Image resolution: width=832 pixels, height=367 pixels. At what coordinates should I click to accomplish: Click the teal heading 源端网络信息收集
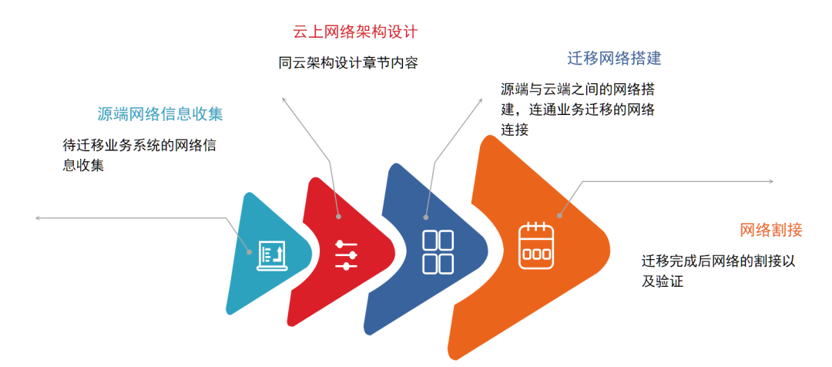[160, 114]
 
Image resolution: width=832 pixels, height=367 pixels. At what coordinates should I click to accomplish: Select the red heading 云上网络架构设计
[355, 32]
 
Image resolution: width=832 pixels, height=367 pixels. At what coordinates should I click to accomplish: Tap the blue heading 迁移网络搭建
[615, 59]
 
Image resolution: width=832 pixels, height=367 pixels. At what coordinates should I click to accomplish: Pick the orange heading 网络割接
[771, 230]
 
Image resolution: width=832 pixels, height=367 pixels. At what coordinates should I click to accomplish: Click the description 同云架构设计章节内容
[349, 63]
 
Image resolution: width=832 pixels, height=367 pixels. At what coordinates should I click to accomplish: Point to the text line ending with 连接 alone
[515, 130]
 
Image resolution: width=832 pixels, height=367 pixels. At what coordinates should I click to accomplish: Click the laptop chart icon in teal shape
[272, 255]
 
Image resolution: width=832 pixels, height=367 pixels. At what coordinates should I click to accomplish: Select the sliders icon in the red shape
[346, 255]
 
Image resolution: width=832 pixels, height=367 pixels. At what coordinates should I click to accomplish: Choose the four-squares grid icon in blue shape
[438, 252]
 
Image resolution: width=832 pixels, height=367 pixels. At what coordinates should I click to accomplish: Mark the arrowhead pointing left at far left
[37, 217]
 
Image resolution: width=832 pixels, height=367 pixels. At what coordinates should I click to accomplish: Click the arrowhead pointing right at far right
[771, 182]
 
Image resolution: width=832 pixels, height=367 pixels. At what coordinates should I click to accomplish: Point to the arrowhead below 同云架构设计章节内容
[283, 99]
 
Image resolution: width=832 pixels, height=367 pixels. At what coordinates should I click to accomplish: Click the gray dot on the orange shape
[559, 216]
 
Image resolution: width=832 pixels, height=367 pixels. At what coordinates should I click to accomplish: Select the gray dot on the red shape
[338, 217]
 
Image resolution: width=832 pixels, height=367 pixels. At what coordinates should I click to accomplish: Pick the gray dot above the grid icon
[426, 217]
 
